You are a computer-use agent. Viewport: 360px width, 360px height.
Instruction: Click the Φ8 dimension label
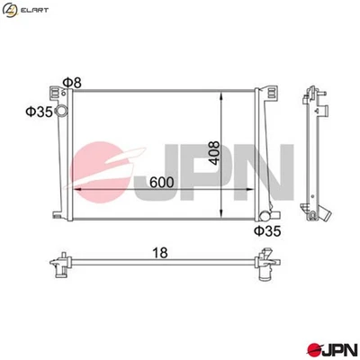point(73,83)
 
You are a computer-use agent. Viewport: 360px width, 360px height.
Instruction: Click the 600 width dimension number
point(162,183)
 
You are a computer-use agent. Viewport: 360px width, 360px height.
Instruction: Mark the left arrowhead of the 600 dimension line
point(76,192)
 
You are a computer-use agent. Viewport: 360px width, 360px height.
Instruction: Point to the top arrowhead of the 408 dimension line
point(223,94)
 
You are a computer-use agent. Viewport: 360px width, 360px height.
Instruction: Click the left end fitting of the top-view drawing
point(60,265)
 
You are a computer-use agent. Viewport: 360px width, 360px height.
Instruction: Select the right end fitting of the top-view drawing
point(267,267)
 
